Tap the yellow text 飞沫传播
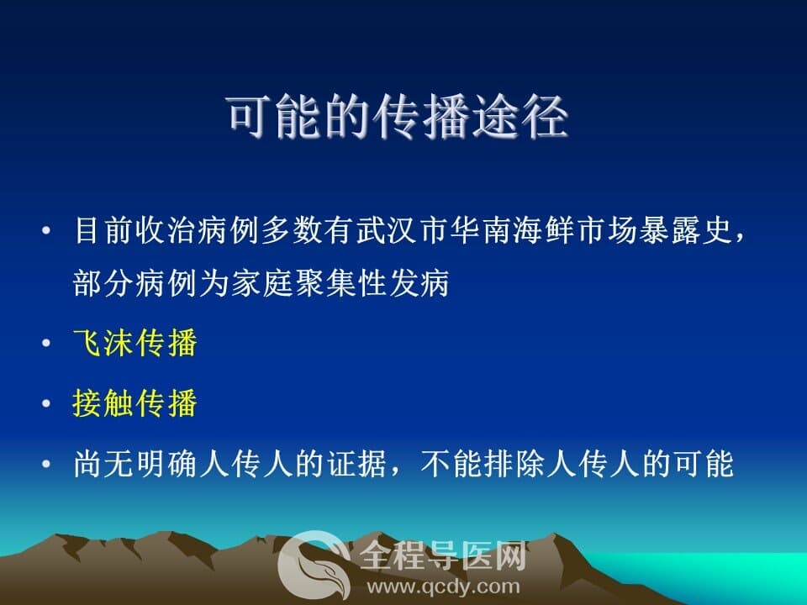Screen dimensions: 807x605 click(134, 343)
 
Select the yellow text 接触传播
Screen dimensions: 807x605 click(134, 402)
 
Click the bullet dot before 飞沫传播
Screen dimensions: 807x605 click(46, 343)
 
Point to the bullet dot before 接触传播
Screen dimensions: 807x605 click(46, 403)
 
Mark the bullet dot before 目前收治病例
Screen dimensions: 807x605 click(46, 230)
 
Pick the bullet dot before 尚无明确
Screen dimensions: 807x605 click(46, 464)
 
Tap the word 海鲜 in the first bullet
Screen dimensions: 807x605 click(544, 230)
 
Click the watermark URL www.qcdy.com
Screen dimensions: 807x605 click(443, 587)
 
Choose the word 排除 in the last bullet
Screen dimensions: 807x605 click(514, 464)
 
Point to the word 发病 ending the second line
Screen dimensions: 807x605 click(419, 282)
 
